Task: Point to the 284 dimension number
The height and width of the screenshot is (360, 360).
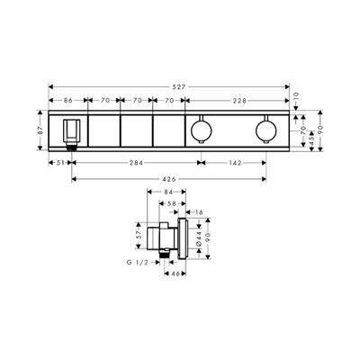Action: (x=136, y=163)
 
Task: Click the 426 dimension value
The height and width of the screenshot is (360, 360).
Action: (x=168, y=179)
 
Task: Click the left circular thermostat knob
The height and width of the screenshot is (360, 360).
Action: (x=199, y=133)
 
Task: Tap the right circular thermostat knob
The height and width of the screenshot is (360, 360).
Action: (x=264, y=133)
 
